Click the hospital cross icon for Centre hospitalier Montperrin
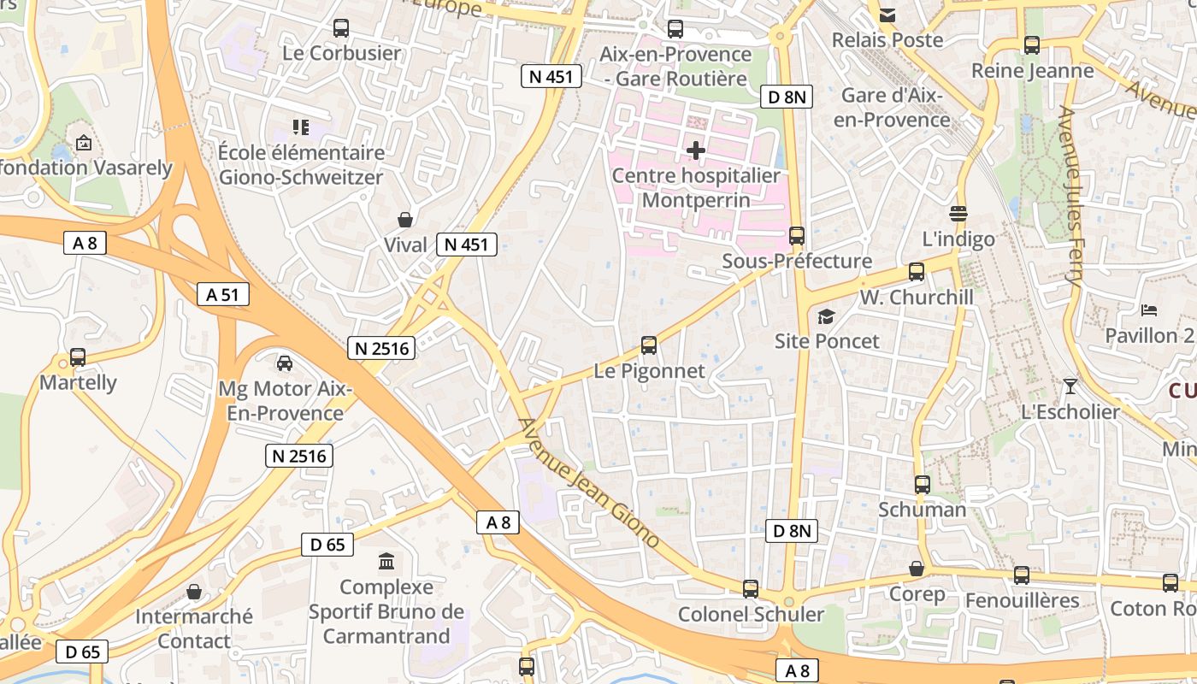tap(696, 151)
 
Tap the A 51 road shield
tap(222, 295)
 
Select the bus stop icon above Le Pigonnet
tap(649, 346)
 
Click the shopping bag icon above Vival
tap(405, 220)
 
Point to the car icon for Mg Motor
tap(285, 363)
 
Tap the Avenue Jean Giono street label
tap(589, 483)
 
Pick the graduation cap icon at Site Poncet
tap(826, 317)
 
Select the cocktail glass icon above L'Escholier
tap(1070, 386)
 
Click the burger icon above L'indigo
tap(958, 214)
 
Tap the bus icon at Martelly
tap(78, 357)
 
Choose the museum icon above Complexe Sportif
tap(386, 563)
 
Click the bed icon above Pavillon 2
tap(1149, 310)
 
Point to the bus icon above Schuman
tap(923, 485)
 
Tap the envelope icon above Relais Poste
tap(887, 15)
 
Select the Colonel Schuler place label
tap(751, 614)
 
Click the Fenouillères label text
tap(1022, 600)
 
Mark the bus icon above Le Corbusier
tap(341, 28)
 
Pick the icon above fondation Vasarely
tap(83, 143)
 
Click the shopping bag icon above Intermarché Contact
tap(194, 592)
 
